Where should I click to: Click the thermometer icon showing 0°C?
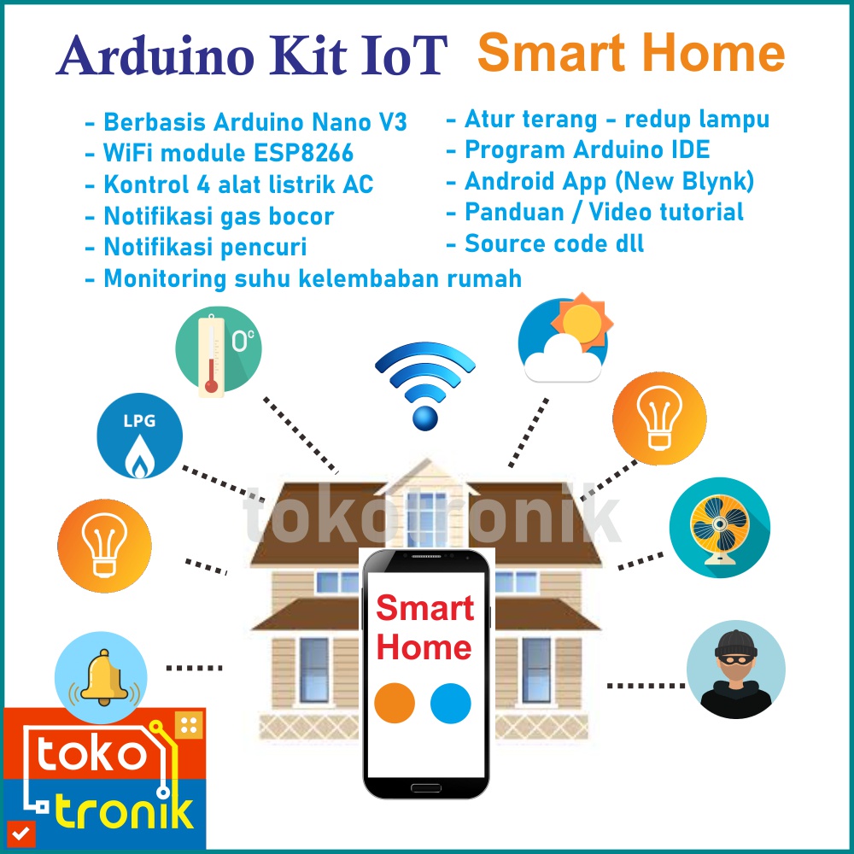click(x=219, y=349)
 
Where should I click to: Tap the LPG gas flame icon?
click(x=139, y=436)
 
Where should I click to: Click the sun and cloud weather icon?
click(x=565, y=337)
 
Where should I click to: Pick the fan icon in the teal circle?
click(x=719, y=527)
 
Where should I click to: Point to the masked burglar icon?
click(x=736, y=670)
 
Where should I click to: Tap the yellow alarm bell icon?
click(x=102, y=677)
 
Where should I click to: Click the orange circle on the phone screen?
click(x=395, y=703)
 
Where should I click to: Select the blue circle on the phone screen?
click(x=450, y=703)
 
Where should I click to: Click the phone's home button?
click(x=426, y=788)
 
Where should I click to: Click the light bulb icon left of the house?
click(x=104, y=546)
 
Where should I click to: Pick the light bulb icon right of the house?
click(x=659, y=418)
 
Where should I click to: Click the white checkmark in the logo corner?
click(x=20, y=834)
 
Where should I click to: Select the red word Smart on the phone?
click(x=424, y=608)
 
